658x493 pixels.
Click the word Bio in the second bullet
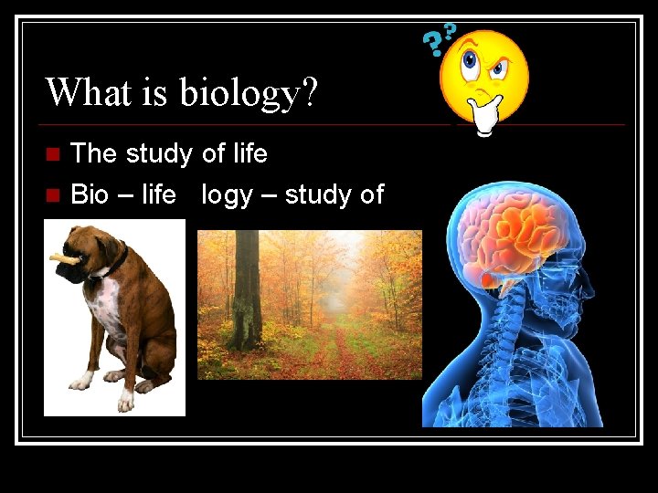90,194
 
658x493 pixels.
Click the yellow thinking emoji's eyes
484,61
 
